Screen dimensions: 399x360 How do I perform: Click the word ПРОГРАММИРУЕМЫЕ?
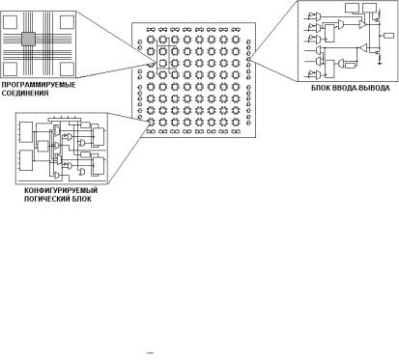click(39, 85)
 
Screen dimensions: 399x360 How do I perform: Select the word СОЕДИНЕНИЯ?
click(25, 94)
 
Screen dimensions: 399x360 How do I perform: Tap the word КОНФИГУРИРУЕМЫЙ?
click(61, 190)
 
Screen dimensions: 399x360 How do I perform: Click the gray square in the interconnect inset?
click(28, 39)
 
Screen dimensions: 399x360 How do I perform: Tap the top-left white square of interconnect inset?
click(10, 21)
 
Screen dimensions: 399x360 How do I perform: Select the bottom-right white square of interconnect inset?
click(67, 68)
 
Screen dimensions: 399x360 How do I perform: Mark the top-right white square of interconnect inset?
click(67, 21)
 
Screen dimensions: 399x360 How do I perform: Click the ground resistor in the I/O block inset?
click(381, 59)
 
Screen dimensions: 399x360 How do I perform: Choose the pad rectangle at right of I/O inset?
click(389, 36)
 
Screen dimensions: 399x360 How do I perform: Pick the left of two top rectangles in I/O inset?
click(352, 8)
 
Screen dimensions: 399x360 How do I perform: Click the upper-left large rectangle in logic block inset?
click(26, 132)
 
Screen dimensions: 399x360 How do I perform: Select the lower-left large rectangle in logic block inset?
click(26, 160)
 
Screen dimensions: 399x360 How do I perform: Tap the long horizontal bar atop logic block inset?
click(63, 119)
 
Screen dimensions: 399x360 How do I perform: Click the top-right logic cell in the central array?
click(236, 40)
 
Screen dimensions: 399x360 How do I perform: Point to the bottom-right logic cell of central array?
click(236, 123)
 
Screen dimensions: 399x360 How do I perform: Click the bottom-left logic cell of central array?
click(151, 123)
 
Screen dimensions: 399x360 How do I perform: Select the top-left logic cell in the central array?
click(151, 40)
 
